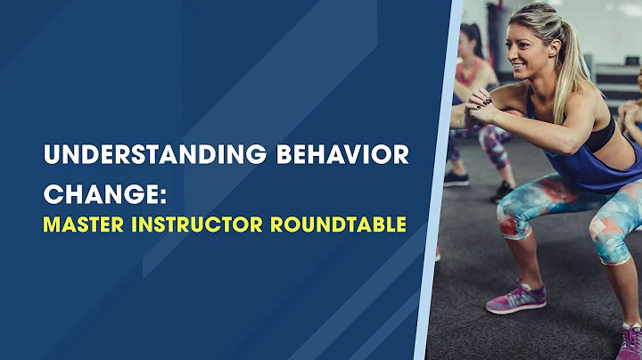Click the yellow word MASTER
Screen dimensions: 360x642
click(79, 225)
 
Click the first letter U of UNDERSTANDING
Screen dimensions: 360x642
click(51, 155)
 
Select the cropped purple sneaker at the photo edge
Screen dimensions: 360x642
click(630, 343)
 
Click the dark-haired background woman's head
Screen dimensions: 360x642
click(473, 40)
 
